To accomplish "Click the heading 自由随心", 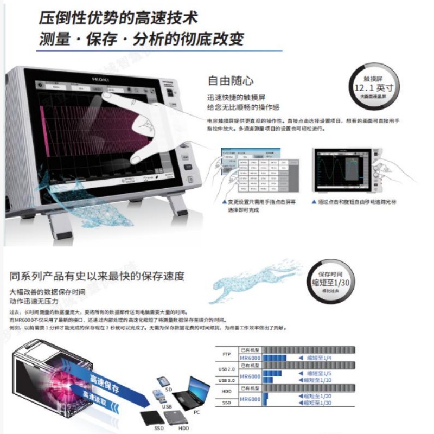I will pos(231,81).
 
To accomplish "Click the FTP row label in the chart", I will pos(227,353).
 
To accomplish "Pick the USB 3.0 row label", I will pos(227,380).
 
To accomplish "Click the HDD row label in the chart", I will pos(227,391).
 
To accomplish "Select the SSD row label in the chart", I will pos(227,403).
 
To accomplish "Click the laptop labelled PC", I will pos(192,393).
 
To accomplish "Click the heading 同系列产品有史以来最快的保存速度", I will pos(97,276).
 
